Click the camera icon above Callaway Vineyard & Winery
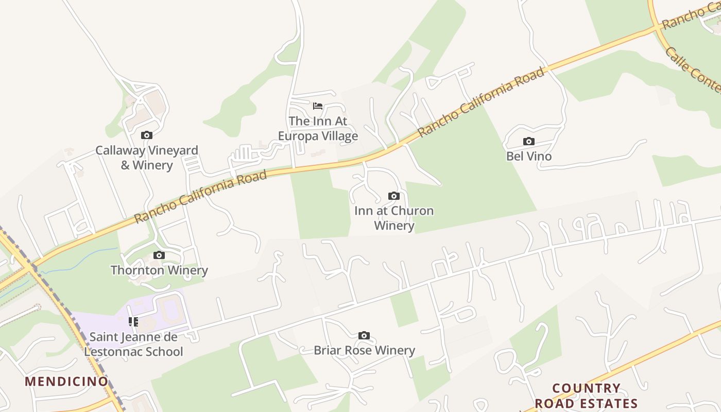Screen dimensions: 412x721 coord(147,135)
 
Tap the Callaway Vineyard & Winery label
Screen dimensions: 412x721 coord(147,158)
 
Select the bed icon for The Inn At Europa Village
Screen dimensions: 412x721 coord(318,106)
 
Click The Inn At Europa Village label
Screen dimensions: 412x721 coord(318,128)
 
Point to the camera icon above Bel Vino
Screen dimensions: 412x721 coord(528,142)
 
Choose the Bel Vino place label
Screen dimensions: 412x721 coord(528,156)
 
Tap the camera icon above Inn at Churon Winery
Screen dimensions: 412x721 coord(394,196)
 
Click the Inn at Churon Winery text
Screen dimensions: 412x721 coord(394,218)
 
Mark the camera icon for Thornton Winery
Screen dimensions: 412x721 coord(159,255)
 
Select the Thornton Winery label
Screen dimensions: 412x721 coord(159,270)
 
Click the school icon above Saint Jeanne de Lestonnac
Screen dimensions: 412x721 coord(133,322)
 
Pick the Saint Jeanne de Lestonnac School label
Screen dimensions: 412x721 coord(133,344)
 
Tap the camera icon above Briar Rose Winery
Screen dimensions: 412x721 coord(364,336)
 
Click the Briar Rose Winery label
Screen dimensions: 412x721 coord(364,350)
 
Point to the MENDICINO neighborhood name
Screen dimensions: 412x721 coord(67,382)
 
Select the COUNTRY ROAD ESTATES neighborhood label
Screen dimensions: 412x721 coord(586,396)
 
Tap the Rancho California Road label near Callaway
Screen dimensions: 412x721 coord(201,197)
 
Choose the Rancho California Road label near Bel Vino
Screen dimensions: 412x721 coord(481,102)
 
